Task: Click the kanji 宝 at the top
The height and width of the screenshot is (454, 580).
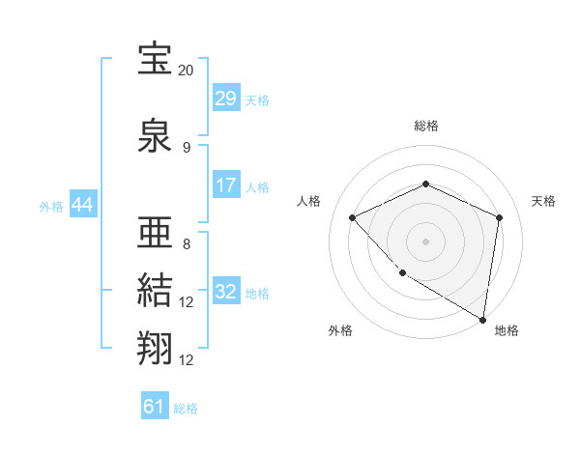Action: coord(155,60)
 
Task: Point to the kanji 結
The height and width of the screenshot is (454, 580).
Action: coord(155,290)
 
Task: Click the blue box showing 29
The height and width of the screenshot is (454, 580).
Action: coord(225,99)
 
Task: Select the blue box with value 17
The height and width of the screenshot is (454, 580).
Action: coord(225,186)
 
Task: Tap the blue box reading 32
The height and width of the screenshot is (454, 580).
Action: coord(225,292)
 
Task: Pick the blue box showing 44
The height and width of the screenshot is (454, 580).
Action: coord(82,205)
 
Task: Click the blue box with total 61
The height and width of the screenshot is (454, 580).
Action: coord(155,407)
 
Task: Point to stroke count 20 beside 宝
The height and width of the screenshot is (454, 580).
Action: coord(186,71)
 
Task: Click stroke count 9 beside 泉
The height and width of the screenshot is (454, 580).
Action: coord(187,148)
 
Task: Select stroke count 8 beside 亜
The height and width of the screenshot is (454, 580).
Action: coord(187,243)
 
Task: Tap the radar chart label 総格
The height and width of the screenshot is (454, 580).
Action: coord(426,126)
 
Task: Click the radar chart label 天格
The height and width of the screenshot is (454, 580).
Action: coord(543,201)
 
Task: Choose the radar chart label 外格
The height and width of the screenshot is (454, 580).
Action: coord(340,330)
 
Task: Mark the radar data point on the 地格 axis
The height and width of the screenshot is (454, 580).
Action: coord(482,319)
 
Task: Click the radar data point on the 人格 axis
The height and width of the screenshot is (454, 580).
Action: coord(353,217)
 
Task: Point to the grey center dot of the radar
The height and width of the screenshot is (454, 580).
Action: coord(425,241)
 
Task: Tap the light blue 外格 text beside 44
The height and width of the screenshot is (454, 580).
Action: coord(51,206)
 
